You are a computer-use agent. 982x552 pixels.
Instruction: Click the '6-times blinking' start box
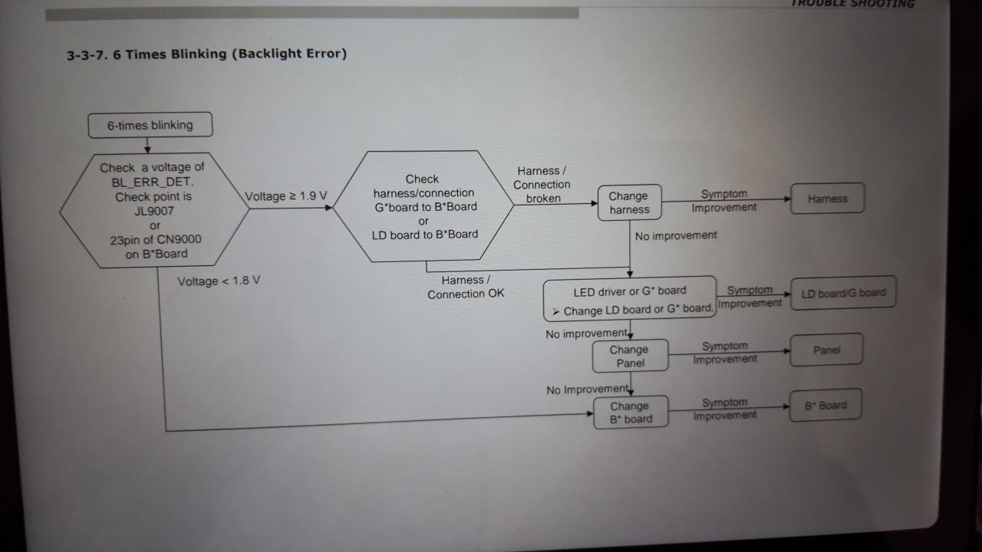(150, 125)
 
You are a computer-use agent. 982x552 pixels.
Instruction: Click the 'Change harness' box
(629, 202)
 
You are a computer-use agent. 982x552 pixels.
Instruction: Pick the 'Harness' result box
(827, 199)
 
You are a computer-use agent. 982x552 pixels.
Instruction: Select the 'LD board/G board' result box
(843, 293)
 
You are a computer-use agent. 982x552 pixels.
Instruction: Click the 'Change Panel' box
(629, 356)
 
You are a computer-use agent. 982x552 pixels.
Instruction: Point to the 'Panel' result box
(826, 350)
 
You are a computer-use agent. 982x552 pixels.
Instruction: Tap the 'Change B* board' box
(630, 412)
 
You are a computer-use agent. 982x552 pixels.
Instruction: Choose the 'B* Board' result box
(825, 406)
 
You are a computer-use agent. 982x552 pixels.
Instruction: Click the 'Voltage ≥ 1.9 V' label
(286, 196)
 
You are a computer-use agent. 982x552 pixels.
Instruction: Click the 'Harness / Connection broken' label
(542, 185)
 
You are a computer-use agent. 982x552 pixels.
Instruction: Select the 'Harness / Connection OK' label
(466, 287)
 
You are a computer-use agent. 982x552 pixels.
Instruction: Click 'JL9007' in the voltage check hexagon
(154, 211)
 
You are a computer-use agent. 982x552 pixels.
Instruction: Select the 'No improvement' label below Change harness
(676, 235)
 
